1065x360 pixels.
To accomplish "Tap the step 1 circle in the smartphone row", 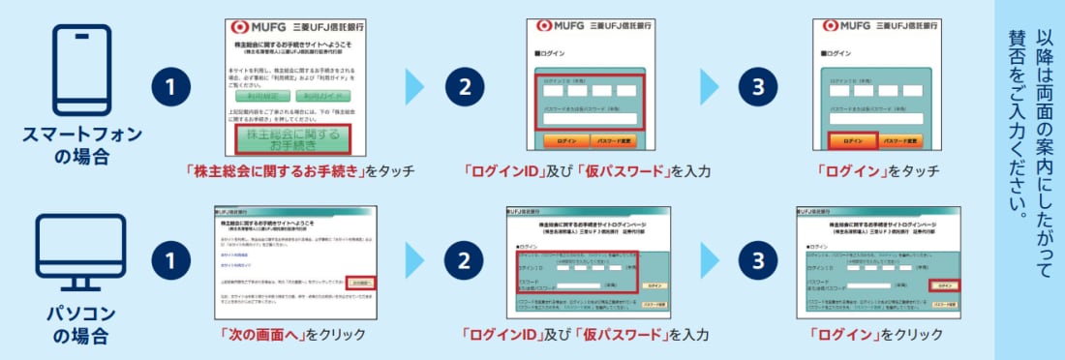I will coord(170,86).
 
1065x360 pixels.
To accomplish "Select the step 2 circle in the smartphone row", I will coord(465,86).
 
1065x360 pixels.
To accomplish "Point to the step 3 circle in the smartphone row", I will coord(758,86).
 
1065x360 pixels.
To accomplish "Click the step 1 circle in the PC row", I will coord(170,261).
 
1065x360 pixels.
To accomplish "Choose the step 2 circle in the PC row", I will coord(465,261).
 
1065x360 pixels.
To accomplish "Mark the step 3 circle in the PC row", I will coord(758,261).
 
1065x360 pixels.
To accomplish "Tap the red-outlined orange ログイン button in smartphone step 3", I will coord(852,141).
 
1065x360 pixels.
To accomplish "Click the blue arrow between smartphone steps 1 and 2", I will coord(414,86).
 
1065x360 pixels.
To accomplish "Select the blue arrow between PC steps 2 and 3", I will coord(710,261).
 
